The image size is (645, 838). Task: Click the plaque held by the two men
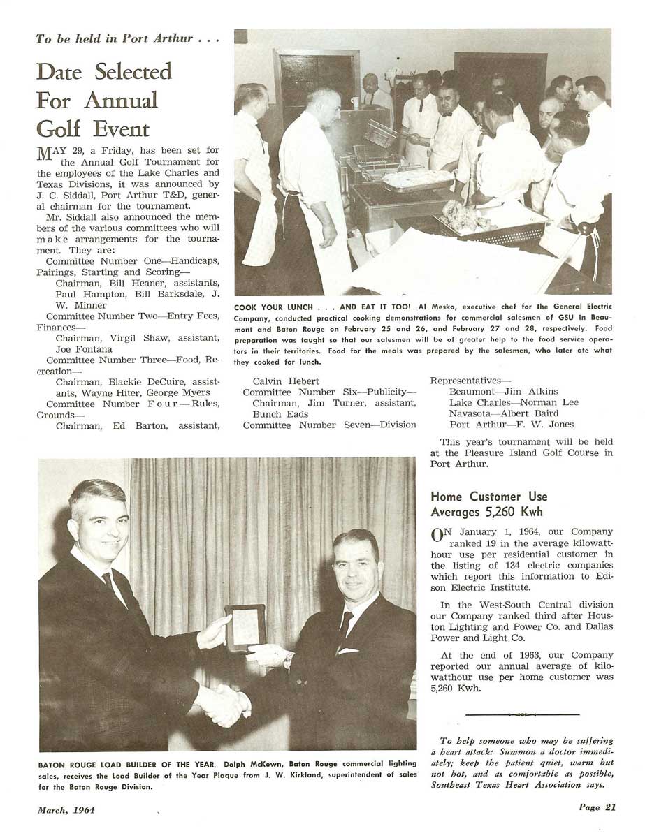(x=245, y=626)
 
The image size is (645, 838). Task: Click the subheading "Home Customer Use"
(x=488, y=497)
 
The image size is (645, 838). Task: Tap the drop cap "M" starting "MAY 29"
(x=45, y=154)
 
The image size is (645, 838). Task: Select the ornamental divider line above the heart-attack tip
(x=521, y=714)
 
